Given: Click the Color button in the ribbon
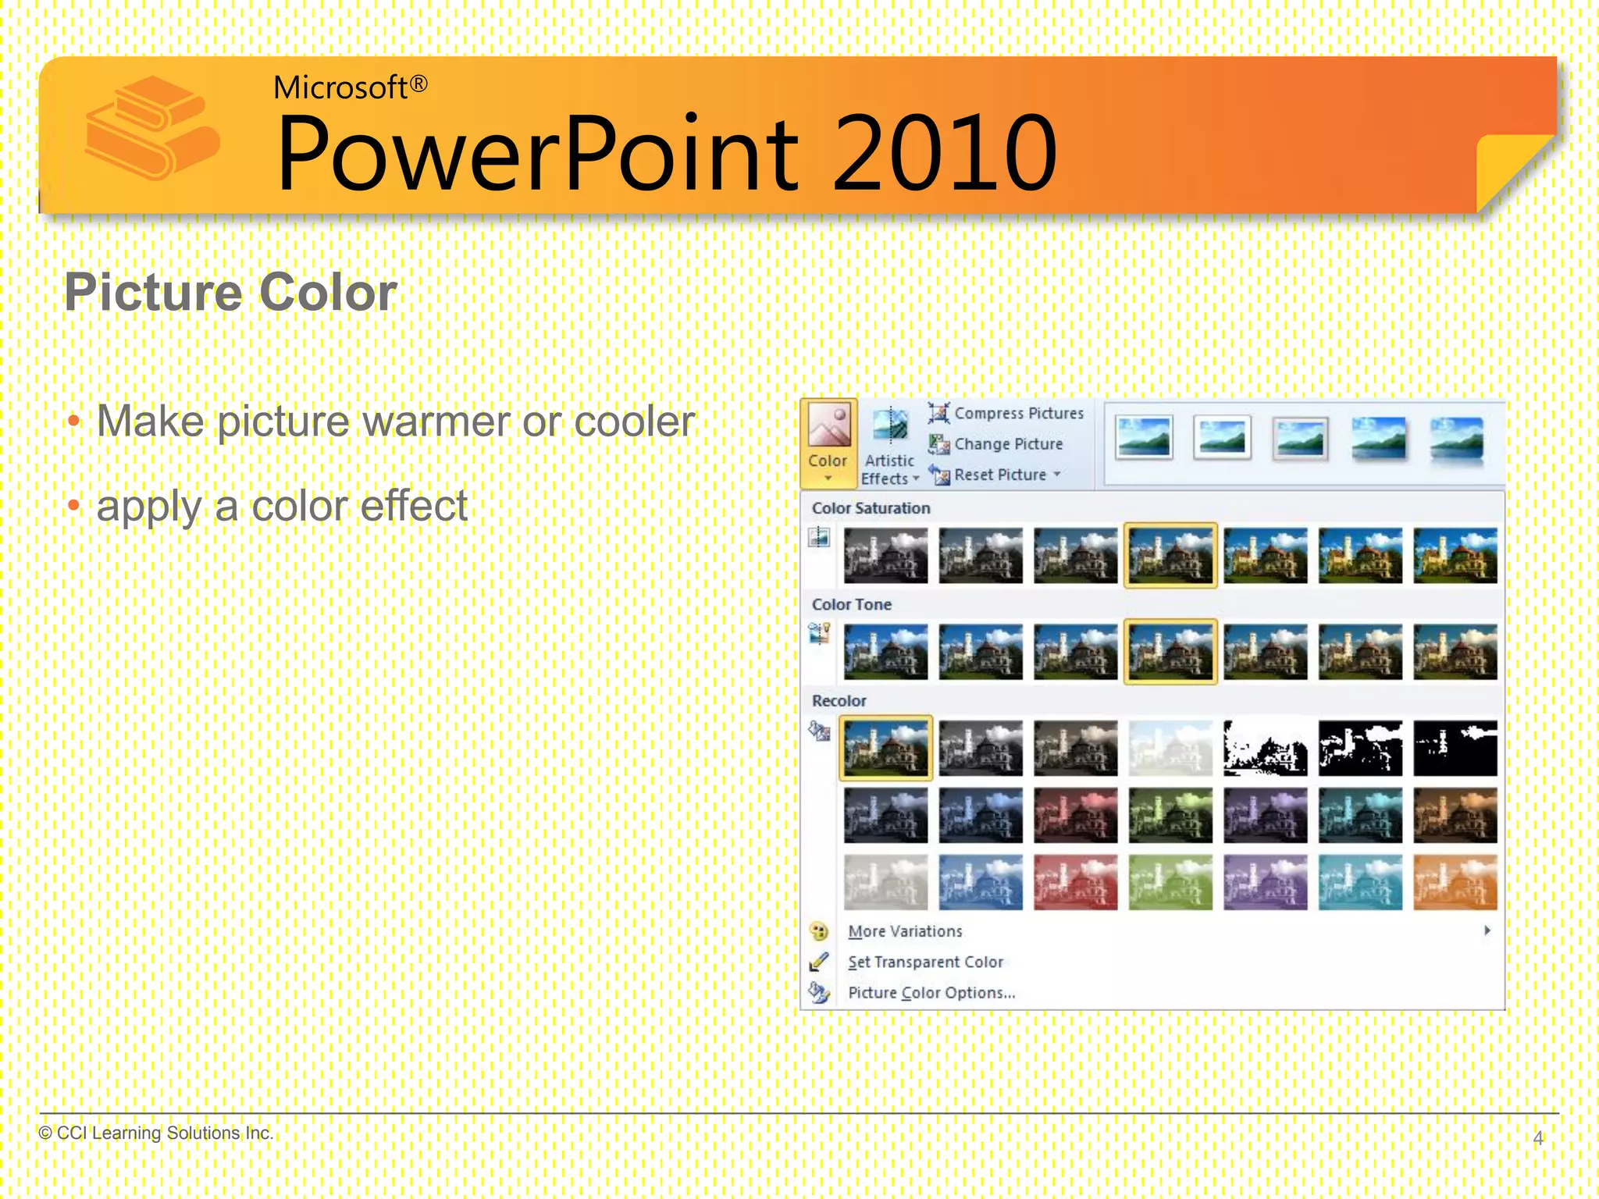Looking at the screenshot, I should (828, 443).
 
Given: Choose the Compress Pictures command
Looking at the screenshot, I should (1006, 413).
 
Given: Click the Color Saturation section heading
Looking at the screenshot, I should (871, 508).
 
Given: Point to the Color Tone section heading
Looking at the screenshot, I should (851, 604).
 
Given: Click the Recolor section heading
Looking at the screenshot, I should (839, 701).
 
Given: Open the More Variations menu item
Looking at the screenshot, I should (905, 931).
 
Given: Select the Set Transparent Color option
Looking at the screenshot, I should (925, 962).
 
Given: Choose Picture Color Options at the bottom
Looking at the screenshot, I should (931, 993).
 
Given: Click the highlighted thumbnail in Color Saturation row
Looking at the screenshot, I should (1170, 555).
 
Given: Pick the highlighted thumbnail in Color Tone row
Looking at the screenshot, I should (1170, 651).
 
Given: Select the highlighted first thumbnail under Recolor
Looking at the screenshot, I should (885, 748).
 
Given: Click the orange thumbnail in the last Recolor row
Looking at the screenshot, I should (1455, 882).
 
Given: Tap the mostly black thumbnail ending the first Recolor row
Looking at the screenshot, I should (1455, 748).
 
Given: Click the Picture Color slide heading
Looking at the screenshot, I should (230, 292).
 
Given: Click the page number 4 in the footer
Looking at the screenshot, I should (1537, 1138).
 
